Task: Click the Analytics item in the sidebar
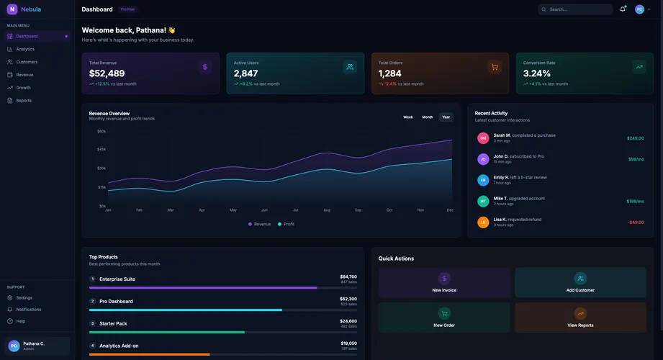coord(25,49)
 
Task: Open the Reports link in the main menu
coord(24,100)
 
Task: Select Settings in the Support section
coord(24,297)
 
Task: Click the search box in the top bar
coord(576,9)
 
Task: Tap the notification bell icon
coord(623,9)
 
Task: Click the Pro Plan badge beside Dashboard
coord(127,9)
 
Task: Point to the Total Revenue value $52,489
coord(107,73)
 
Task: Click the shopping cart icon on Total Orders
coord(495,67)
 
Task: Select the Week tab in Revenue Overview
coord(408,117)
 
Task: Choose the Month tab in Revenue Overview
coord(428,117)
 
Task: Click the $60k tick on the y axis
coord(102,131)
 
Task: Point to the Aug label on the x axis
coord(327,210)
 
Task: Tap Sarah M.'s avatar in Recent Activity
coord(483,138)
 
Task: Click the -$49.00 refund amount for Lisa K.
coord(636,222)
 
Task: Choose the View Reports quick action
coord(580,318)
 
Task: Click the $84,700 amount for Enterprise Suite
coord(348,276)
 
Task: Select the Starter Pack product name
coord(113,323)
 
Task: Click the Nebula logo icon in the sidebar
coord(12,9)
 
